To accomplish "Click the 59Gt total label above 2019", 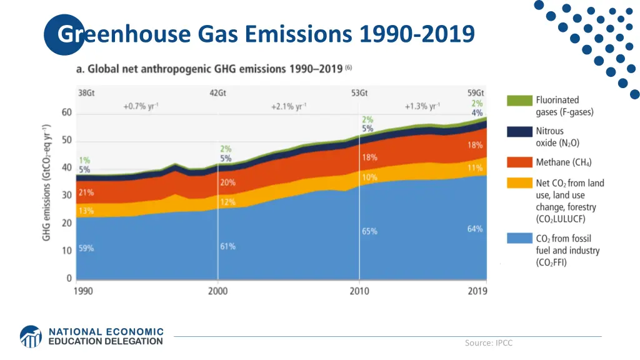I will click(x=476, y=93).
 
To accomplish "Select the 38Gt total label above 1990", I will click(x=86, y=93).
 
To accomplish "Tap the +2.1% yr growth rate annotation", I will click(x=288, y=106).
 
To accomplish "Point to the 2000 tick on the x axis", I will click(x=217, y=291).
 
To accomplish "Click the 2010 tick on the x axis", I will click(x=359, y=291).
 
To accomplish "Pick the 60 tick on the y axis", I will click(x=66, y=112).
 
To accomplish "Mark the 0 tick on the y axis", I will click(x=69, y=279).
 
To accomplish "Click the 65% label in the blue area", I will click(x=369, y=231).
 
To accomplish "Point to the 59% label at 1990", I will click(x=86, y=248).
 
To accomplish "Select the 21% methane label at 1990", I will click(x=86, y=192).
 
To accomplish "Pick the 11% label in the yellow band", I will click(x=475, y=167).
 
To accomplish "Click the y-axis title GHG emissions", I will click(x=47, y=182).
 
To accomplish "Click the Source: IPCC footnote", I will click(x=488, y=342).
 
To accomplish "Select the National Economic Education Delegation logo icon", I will click(x=31, y=336).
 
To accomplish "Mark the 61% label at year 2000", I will click(x=227, y=246).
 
